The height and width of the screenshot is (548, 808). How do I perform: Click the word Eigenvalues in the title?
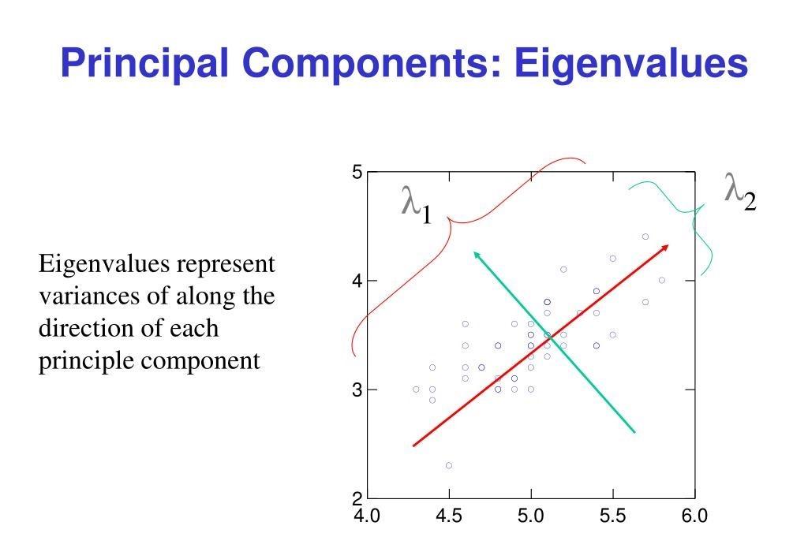(x=630, y=64)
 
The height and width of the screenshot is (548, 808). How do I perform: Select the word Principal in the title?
(x=144, y=64)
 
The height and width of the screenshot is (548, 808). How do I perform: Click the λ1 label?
(x=417, y=205)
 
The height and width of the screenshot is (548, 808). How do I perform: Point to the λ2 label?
(x=740, y=192)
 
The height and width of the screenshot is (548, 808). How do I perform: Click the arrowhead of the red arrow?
(x=665, y=248)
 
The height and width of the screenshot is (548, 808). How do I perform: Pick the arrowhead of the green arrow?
(x=477, y=255)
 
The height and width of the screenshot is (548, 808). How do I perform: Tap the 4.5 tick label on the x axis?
(x=449, y=516)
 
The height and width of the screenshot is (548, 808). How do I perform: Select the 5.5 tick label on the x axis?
(x=612, y=516)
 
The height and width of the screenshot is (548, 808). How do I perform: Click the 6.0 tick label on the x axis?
(x=694, y=516)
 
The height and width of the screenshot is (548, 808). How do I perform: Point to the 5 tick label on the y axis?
(x=357, y=172)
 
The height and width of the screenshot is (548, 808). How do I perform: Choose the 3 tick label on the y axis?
(x=357, y=390)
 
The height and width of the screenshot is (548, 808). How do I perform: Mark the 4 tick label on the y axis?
(x=357, y=281)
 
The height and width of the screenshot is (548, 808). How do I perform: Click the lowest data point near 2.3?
(x=449, y=465)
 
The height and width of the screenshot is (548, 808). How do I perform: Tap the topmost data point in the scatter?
(x=645, y=237)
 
